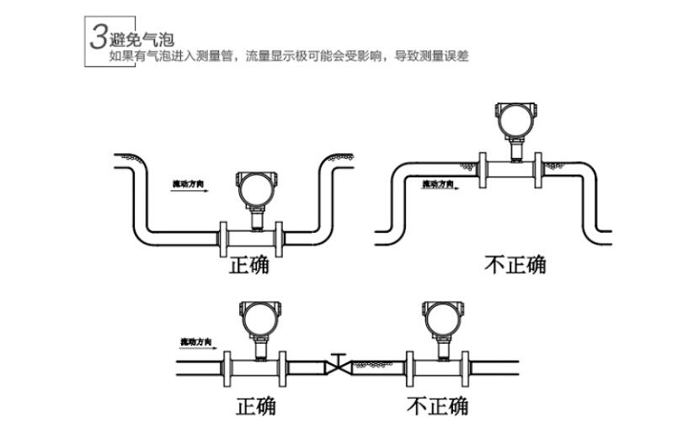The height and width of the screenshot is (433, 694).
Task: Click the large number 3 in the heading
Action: coord(99,36)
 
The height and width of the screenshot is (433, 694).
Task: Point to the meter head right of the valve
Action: coord(440,318)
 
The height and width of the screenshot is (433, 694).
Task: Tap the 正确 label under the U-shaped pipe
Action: coord(248,265)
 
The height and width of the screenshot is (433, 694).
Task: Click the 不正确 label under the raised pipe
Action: coord(515,265)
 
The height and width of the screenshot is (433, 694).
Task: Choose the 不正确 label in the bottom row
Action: coord(437,406)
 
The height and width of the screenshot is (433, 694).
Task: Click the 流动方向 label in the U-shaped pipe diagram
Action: coord(188,183)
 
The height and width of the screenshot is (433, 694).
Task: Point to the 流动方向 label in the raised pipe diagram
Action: coord(438,183)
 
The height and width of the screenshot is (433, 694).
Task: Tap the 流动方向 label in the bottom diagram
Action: coord(197,341)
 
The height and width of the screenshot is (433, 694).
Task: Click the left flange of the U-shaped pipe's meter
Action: coord(223,239)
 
